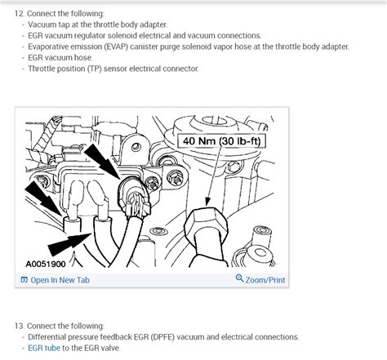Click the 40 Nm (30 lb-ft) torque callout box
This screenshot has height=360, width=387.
coord(221,141)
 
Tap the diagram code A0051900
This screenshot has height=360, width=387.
coord(46,264)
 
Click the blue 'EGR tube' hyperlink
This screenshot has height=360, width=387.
coord(44,348)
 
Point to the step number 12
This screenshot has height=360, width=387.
coord(20,13)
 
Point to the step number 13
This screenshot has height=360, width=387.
coord(20,326)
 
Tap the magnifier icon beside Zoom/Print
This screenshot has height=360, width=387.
coord(239,278)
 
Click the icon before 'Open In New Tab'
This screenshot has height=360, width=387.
coord(24,280)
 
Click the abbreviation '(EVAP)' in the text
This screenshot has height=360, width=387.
coord(116,47)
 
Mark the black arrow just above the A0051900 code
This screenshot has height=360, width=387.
coord(69,242)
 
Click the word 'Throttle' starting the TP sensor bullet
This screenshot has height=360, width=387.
coord(42,69)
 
